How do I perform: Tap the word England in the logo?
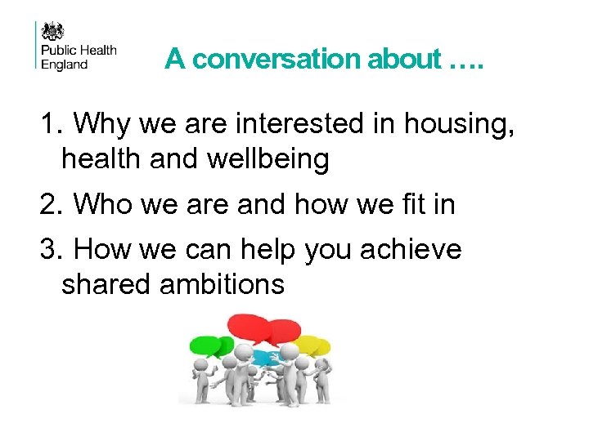point(63,65)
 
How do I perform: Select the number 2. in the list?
point(51,204)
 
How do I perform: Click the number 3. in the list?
point(51,250)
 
